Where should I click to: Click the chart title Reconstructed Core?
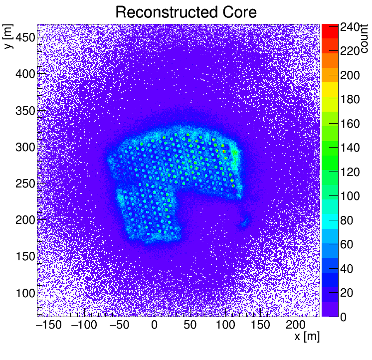pyautogui.click(x=186, y=12)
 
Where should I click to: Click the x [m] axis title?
pyautogui.click(x=306, y=337)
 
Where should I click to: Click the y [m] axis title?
pyautogui.click(x=8, y=38)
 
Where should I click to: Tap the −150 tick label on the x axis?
pyautogui.click(x=49, y=326)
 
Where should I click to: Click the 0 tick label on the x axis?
pyautogui.click(x=154, y=326)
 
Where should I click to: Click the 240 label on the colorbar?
pyautogui.click(x=350, y=28)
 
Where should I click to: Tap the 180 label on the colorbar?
pyautogui.click(x=350, y=99)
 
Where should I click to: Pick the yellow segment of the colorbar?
pyautogui.click(x=330, y=90)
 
